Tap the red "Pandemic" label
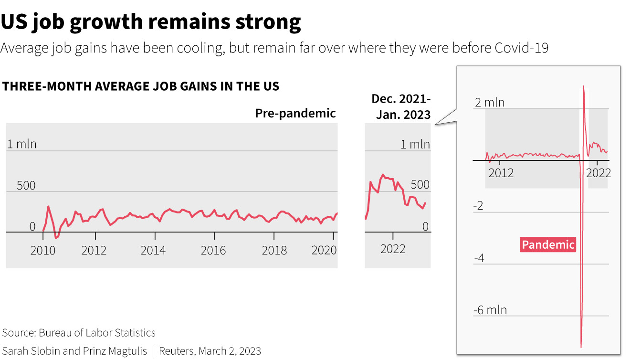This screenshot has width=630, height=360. pos(548,245)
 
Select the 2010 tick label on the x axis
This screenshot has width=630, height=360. pos(43,250)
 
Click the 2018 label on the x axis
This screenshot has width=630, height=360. pos(274,250)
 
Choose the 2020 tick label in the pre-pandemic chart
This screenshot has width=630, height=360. pos(324,250)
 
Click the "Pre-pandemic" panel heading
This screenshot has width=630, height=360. pos(295,113)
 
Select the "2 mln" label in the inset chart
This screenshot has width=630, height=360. pos(489,103)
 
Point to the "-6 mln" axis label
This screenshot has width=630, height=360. pos(490,310)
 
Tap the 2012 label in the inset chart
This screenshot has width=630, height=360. pos(501,172)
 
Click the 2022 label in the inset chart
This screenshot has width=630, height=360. pos(598,172)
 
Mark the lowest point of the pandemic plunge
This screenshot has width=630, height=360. pos(581,347)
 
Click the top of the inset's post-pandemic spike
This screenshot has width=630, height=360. pos(583,86)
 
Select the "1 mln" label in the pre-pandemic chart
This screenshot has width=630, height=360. pos(21,144)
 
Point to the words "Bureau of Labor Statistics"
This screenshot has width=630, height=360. pos(97,333)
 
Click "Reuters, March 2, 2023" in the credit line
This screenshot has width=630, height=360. pos(210,351)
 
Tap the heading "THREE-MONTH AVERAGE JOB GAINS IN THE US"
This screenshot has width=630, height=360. pos(141,86)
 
